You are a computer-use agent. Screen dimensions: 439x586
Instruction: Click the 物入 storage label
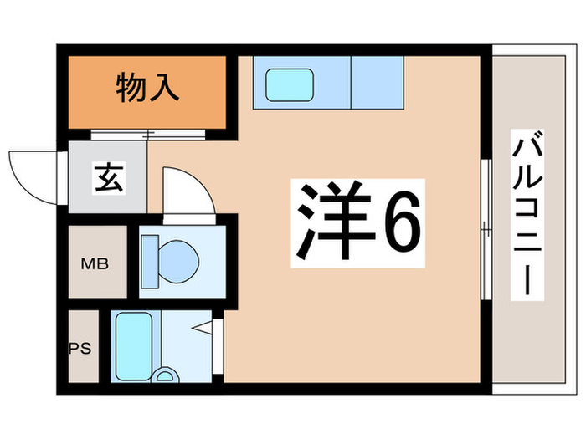[147, 88]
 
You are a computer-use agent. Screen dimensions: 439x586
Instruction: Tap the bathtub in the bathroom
[131, 343]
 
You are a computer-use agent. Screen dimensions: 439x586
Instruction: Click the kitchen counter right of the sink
[377, 83]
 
